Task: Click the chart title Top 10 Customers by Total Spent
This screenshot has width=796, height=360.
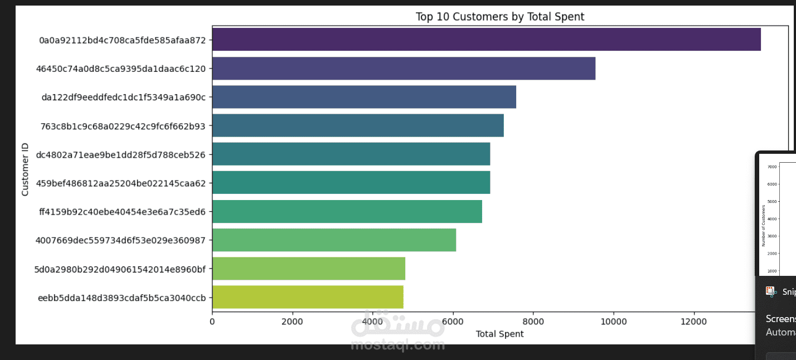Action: tap(499, 17)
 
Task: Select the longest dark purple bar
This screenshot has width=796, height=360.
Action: tap(486, 40)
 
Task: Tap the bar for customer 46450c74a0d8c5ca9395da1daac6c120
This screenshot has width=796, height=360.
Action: tap(404, 69)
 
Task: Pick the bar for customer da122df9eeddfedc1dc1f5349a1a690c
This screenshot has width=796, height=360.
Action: tap(364, 97)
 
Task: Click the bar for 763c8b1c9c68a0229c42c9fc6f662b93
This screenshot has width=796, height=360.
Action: tap(358, 125)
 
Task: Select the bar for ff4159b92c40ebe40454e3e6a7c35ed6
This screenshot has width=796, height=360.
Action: tap(347, 212)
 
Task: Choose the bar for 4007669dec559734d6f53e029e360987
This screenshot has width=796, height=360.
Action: tap(334, 240)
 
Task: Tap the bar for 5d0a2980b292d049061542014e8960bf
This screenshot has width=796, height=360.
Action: tap(308, 269)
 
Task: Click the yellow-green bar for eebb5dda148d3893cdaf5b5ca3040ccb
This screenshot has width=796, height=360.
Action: tap(308, 297)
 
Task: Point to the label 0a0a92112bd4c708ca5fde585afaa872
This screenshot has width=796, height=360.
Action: tap(122, 40)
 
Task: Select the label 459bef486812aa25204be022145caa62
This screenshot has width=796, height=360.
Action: tap(120, 183)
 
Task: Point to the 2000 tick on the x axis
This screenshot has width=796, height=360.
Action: tap(292, 322)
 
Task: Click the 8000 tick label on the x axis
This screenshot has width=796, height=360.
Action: tap(533, 322)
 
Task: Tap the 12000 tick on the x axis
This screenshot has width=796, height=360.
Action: tap(693, 322)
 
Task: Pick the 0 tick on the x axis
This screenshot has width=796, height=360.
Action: tap(212, 322)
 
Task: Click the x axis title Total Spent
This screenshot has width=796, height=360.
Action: tap(499, 334)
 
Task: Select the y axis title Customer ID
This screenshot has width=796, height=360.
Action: tap(25, 169)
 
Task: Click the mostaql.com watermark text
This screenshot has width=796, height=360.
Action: tap(397, 346)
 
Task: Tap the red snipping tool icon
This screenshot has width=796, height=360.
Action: tap(771, 291)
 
